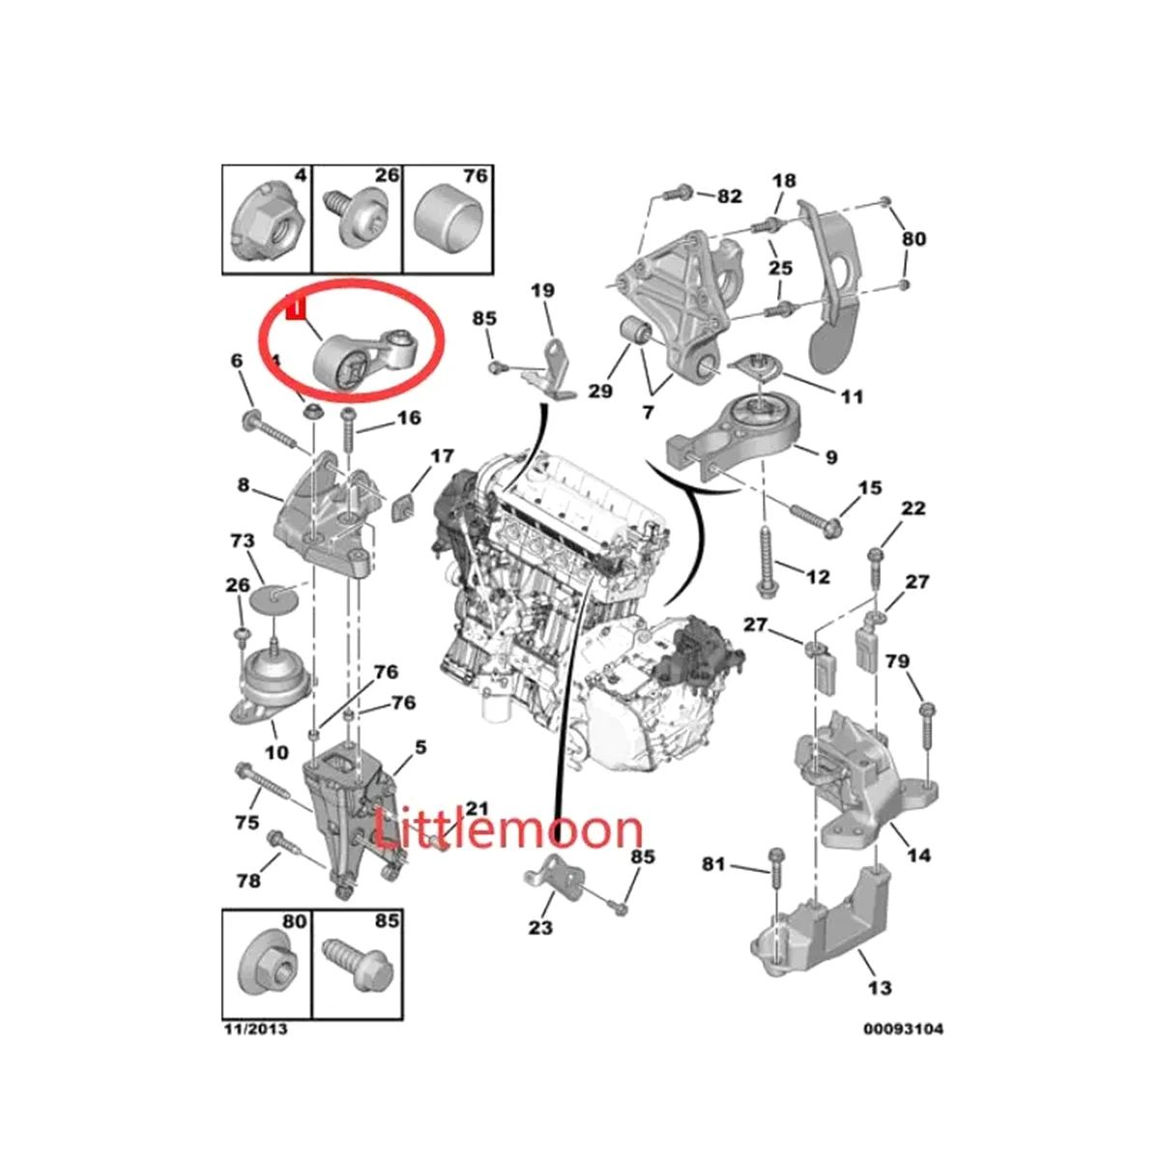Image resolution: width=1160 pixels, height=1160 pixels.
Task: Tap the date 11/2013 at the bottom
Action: coord(254,1029)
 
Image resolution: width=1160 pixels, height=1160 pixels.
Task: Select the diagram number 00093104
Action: coord(903,1029)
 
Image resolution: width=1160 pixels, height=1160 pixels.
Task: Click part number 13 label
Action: coord(880,987)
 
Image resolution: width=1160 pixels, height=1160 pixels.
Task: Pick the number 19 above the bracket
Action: coord(542,289)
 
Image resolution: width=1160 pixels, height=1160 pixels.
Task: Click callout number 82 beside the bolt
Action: coord(729,196)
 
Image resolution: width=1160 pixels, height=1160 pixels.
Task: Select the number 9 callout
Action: coord(830,456)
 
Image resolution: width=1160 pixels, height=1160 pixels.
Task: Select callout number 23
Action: coord(540,927)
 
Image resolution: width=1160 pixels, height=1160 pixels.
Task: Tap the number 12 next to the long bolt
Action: coord(817,577)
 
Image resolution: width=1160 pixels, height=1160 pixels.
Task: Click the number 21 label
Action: coord(477,808)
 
